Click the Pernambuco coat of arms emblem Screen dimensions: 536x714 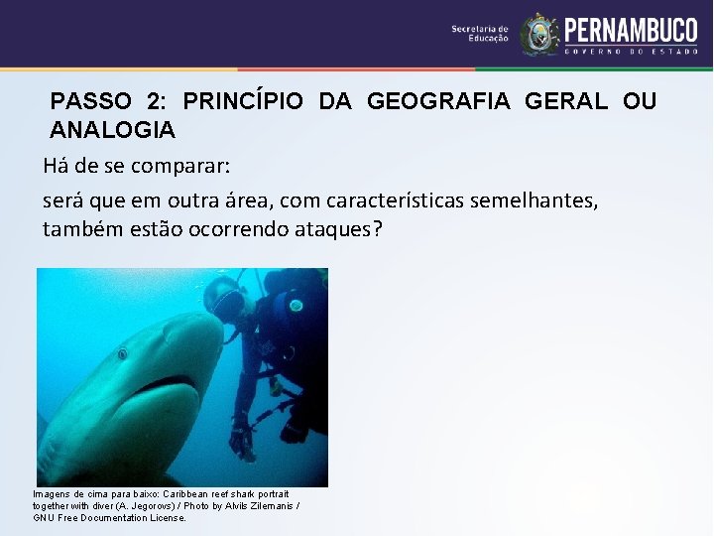click(540, 33)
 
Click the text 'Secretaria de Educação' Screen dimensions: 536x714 click(480, 34)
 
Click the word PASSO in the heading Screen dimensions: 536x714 click(89, 101)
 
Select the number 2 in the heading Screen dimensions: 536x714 click(154, 101)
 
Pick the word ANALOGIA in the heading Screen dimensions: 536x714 click(112, 129)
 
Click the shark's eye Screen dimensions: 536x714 click(122, 352)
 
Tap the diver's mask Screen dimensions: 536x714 click(227, 304)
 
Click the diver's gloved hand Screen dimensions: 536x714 click(241, 437)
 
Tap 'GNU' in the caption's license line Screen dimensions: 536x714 click(44, 517)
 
